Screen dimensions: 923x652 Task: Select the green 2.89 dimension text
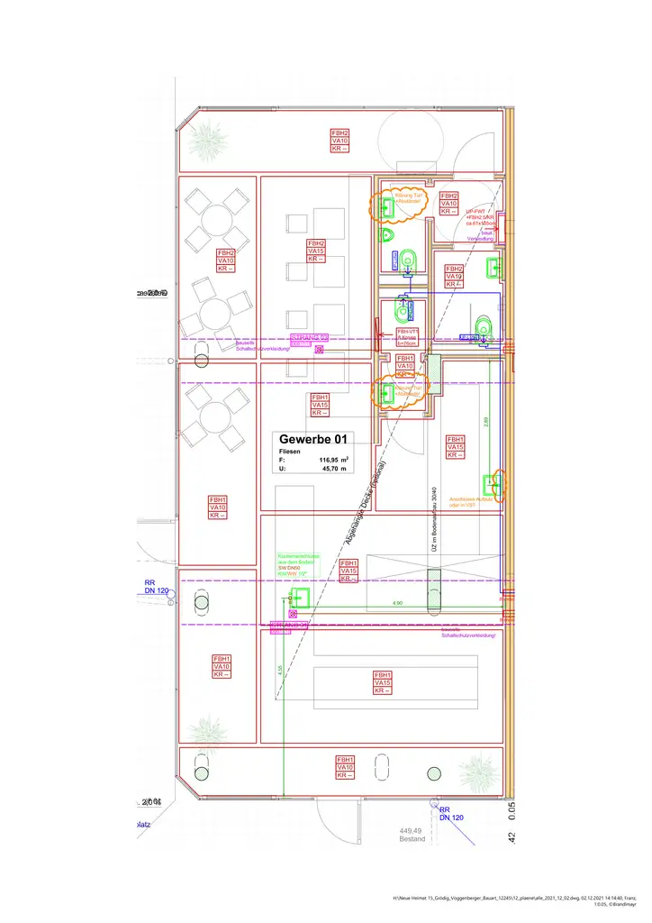(486, 420)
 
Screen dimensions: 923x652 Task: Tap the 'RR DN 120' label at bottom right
(450, 814)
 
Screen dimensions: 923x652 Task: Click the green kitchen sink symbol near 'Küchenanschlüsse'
(298, 595)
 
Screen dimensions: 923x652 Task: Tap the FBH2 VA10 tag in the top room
(340, 141)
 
